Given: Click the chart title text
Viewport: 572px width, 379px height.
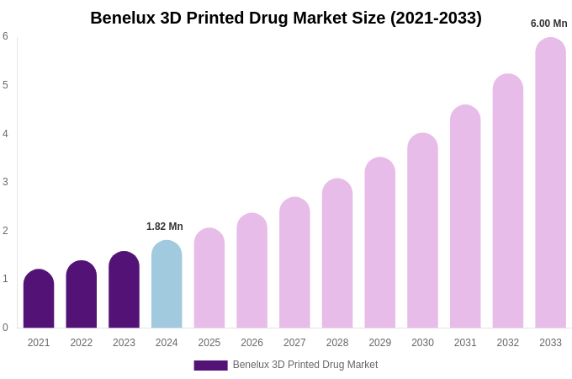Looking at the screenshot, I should (286, 18).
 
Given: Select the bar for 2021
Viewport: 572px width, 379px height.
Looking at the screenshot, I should (39, 299).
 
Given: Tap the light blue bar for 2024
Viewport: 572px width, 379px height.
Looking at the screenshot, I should (167, 285).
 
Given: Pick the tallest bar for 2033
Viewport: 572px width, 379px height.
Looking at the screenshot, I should (550, 183).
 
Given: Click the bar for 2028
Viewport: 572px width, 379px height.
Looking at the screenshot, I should (337, 254).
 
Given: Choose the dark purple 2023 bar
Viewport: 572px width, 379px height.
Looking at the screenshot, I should (124, 290).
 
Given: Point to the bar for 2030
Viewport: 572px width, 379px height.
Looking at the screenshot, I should (422, 231).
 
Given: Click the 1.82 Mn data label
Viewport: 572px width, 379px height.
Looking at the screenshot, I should (165, 227).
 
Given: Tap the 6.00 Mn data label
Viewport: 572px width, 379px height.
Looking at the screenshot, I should (548, 24).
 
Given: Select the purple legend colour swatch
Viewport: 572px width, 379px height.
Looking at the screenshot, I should (210, 365).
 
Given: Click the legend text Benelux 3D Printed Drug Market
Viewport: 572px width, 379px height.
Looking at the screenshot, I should (305, 365).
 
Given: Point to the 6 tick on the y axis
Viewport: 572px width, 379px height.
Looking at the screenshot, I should (5, 36).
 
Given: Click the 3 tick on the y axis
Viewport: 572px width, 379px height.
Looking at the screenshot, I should (5, 182).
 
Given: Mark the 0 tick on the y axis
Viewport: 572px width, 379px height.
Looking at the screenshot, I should (5, 328).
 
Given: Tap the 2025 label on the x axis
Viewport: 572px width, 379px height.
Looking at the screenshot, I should (209, 343).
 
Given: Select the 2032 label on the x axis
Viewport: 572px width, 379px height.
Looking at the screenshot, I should (508, 343).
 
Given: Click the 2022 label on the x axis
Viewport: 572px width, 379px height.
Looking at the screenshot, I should (82, 343).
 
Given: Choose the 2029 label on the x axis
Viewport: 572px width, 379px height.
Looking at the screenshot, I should (380, 343).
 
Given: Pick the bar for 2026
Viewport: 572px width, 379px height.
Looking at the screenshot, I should (252, 270).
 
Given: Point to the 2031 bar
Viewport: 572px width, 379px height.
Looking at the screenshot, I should (465, 216).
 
